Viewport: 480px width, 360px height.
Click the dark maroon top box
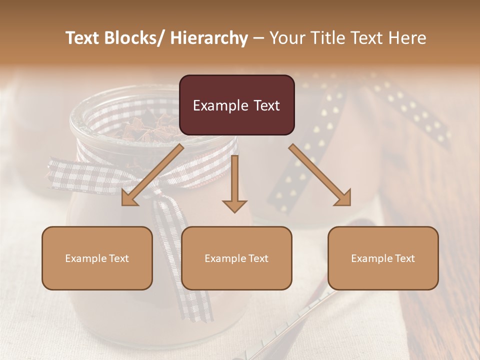point(236,105)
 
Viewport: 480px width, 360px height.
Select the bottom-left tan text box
point(97,258)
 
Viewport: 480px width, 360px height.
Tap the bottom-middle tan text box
point(236,258)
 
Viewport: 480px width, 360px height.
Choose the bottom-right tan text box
point(383,258)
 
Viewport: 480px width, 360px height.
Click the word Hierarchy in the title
point(209,38)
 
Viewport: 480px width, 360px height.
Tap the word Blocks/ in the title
point(138,38)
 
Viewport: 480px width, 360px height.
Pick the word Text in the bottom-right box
point(404,258)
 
